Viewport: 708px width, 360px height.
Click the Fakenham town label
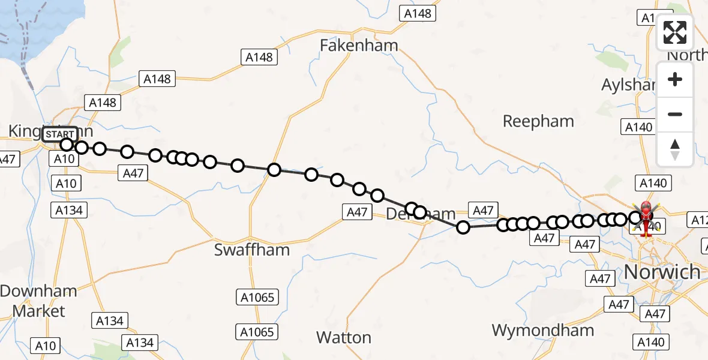[359, 46]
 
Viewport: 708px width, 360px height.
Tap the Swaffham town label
[252, 250]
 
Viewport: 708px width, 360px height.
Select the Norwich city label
[662, 272]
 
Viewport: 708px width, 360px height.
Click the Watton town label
[344, 338]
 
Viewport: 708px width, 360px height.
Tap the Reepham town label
[538, 121]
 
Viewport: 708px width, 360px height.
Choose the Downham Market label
[38, 301]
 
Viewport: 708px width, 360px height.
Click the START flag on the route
[61, 134]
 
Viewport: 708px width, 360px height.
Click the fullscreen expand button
[675, 32]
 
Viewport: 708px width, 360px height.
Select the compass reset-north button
[675, 149]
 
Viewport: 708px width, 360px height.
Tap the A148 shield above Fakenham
[418, 13]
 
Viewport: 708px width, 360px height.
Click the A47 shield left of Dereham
[357, 212]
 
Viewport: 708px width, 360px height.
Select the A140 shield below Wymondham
[651, 342]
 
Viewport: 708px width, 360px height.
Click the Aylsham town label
[628, 85]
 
